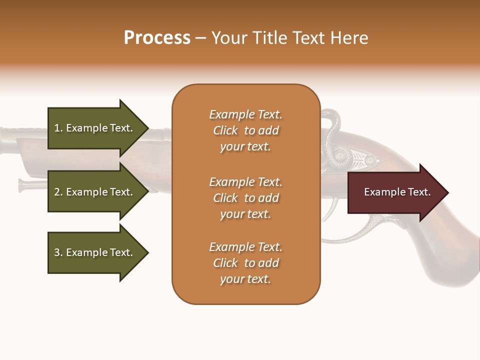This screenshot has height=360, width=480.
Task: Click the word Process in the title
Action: pos(157,38)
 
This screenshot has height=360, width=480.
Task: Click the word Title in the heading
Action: pos(272,38)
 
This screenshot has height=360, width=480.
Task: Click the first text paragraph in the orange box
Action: pos(245,130)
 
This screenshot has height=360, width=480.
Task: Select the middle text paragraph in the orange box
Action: pos(245,198)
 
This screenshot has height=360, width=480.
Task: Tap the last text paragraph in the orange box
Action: pos(245,263)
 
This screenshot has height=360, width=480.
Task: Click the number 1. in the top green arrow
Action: pos(58,128)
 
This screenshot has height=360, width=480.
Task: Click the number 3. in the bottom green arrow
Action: pos(58,252)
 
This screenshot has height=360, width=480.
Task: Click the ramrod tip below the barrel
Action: pos(23,185)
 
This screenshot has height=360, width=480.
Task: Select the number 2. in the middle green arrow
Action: pos(58,192)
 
